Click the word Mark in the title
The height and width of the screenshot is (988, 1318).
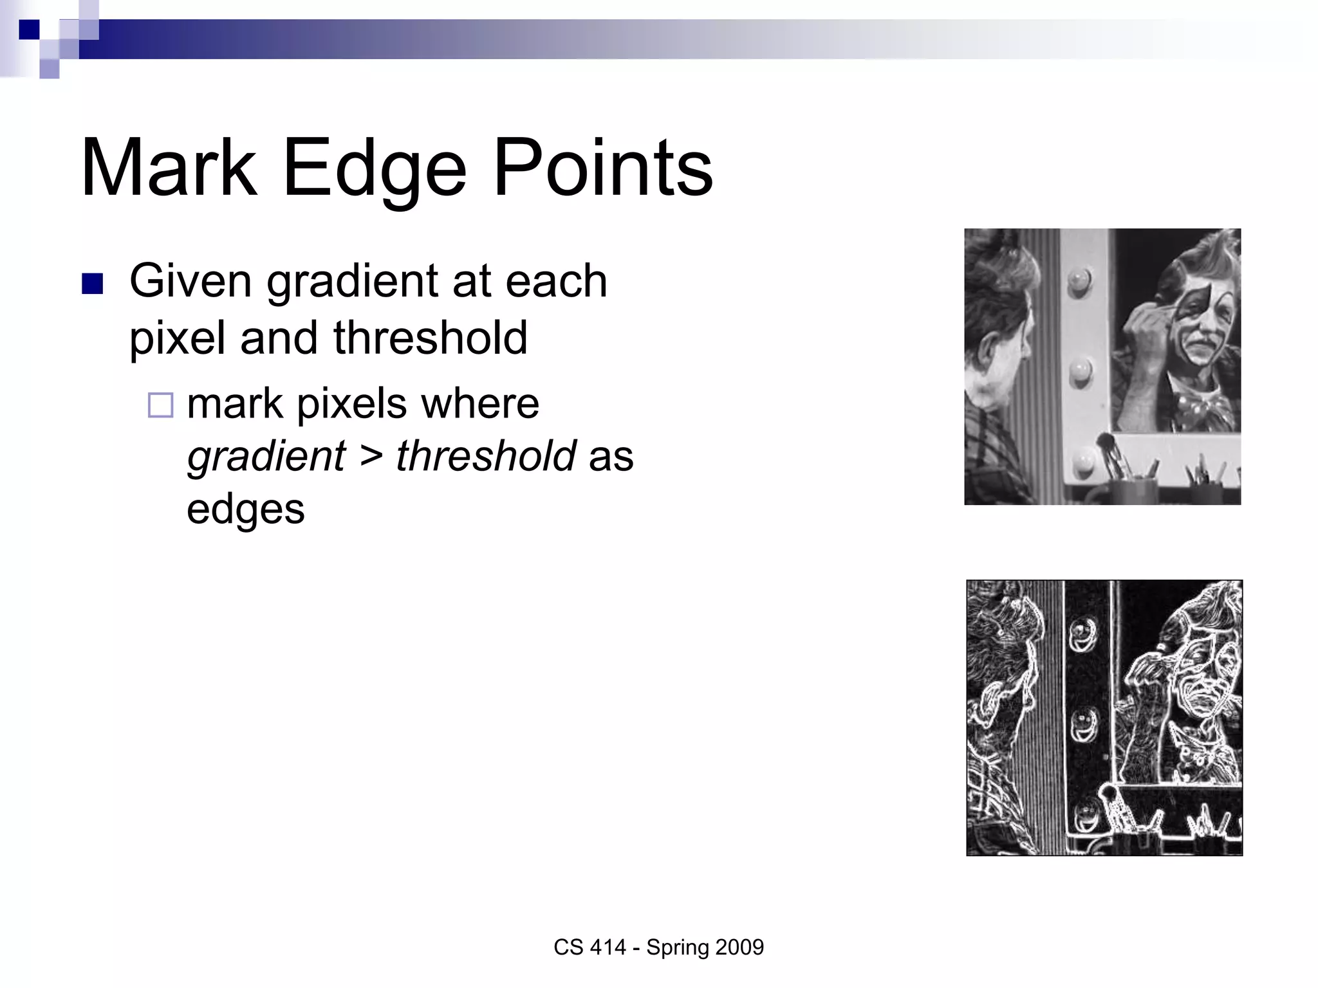tap(169, 169)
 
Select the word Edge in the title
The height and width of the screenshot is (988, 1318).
tap(374, 169)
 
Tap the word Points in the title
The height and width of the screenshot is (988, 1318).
tap(602, 169)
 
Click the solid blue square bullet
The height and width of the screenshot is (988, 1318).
tap(93, 284)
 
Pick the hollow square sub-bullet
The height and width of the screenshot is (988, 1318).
tap(160, 405)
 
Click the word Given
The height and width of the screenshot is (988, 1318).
tap(190, 281)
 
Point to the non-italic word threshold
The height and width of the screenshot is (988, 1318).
tap(430, 338)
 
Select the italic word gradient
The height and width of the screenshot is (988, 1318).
tap(266, 455)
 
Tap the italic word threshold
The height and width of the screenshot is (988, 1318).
tap(486, 455)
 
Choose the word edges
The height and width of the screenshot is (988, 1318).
tap(245, 509)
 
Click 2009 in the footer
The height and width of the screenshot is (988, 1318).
tap(739, 947)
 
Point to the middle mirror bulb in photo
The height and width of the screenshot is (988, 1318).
tap(1080, 370)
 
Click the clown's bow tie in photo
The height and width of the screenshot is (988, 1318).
tap(1198, 405)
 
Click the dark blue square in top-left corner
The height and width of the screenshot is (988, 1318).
tap(29, 30)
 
